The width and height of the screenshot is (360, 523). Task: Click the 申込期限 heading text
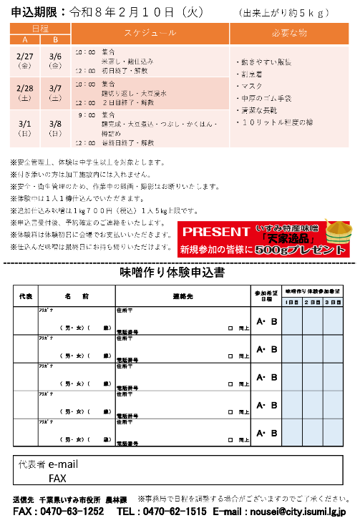(x=35, y=11)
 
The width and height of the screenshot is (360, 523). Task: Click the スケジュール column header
(x=149, y=34)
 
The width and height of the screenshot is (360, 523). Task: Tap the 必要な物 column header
(x=290, y=34)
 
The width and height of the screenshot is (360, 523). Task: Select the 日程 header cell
(x=40, y=27)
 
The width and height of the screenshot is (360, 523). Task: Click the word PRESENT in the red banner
(x=213, y=231)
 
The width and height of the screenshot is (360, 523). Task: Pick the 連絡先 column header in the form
(x=183, y=295)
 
